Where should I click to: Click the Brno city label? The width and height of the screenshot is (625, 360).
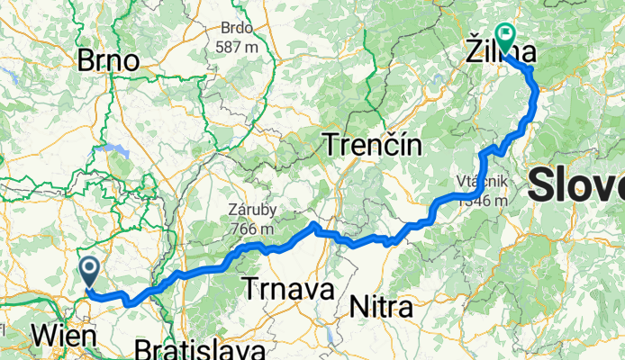point(108,61)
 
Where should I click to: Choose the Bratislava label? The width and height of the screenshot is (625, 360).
point(200,349)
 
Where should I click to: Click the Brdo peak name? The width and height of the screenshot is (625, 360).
point(237,28)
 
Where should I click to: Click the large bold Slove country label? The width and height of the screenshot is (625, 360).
point(576,186)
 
